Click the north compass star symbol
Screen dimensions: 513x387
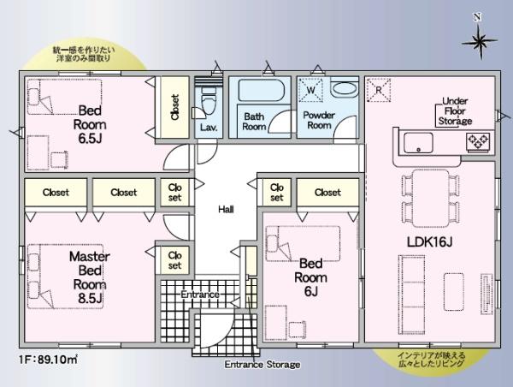480,42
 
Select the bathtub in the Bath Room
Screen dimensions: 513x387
261,90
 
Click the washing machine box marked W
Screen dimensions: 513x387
310,89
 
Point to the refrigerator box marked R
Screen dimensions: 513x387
379,90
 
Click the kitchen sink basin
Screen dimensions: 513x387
418,143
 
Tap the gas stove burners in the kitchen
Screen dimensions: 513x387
478,141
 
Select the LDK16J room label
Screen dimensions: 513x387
429,242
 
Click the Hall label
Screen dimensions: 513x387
226,209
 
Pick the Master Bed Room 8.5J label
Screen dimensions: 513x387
89,277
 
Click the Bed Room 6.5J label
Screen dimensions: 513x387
90,124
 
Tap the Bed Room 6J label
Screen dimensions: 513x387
310,277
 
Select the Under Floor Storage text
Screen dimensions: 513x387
455,111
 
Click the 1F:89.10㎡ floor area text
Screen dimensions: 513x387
48,360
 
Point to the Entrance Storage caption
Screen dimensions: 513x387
262,365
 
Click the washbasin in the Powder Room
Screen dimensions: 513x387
344,89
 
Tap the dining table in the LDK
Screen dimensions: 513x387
430,199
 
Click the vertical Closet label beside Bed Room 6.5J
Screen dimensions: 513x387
175,107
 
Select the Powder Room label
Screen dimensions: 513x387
319,120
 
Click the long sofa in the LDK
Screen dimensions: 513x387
411,295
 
